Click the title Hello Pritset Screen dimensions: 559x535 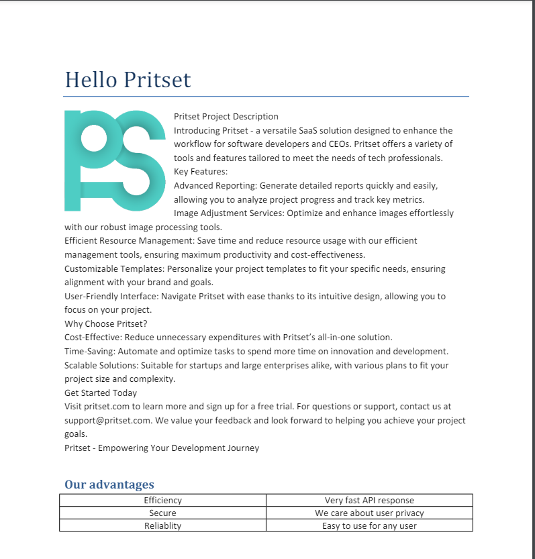click(128, 80)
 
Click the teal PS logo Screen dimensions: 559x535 click(115, 160)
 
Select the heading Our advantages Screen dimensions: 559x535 click(109, 485)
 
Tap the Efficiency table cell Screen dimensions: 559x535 click(162, 501)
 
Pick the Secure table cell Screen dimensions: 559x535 click(162, 513)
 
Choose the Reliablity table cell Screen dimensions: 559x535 click(162, 526)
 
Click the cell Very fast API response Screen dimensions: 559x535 click(369, 501)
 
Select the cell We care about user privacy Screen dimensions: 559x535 click(369, 513)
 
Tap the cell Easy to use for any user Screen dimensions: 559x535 click(369, 526)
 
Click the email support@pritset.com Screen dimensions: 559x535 click(107, 421)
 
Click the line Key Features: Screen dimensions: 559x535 click(195, 172)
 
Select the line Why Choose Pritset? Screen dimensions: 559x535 click(105, 323)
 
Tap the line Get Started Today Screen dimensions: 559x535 click(101, 393)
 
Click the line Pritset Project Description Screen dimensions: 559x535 click(226, 117)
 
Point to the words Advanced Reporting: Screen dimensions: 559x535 click(215, 186)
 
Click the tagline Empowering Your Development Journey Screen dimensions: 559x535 click(179, 448)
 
